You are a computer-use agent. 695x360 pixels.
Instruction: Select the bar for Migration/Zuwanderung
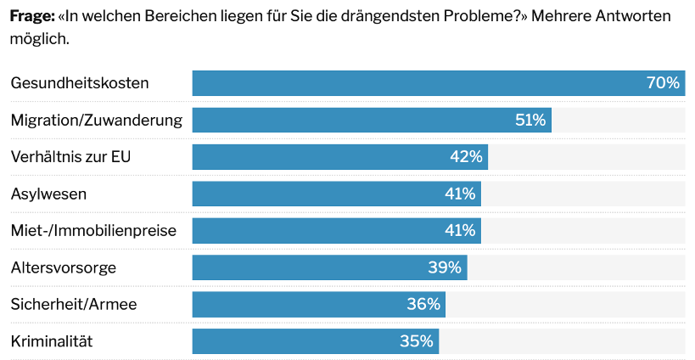pyautogui.click(x=356, y=120)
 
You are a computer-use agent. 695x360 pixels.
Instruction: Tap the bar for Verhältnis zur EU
pyautogui.click(x=322, y=157)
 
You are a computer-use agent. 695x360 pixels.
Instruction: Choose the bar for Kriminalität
pyautogui.click(x=297, y=341)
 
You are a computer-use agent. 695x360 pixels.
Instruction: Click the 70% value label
pyautogui.click(x=663, y=83)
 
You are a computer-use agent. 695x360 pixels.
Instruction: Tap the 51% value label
pyautogui.click(x=530, y=120)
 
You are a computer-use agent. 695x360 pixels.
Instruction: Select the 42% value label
pyautogui.click(x=466, y=157)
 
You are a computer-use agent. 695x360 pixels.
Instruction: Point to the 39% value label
pyautogui.click(x=445, y=267)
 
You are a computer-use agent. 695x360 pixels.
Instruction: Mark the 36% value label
pyautogui.click(x=423, y=304)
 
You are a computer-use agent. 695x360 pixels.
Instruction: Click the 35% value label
pyautogui.click(x=417, y=341)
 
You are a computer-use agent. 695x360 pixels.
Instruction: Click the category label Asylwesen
pyautogui.click(x=48, y=194)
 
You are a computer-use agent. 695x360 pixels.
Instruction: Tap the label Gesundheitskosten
pyautogui.click(x=80, y=83)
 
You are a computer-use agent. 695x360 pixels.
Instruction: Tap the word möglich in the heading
pyautogui.click(x=38, y=39)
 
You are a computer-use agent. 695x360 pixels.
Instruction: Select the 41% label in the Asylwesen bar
pyautogui.click(x=460, y=194)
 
